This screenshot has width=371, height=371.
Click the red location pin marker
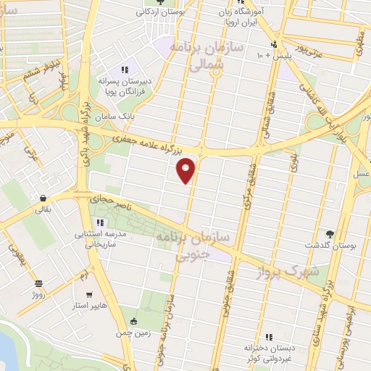point(187,170)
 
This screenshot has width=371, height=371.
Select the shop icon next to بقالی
point(43,197)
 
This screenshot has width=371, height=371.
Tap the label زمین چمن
point(131,334)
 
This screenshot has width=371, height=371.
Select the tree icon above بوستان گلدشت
point(330,233)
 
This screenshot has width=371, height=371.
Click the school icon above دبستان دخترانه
point(269,336)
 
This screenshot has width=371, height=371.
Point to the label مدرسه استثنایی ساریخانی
point(102,241)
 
